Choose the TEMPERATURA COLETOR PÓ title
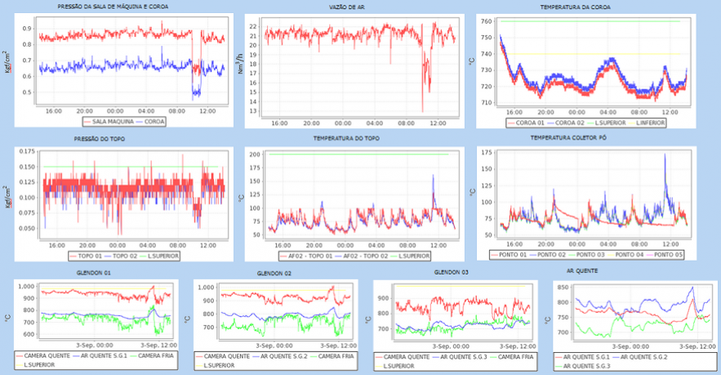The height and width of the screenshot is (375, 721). (x=581, y=140)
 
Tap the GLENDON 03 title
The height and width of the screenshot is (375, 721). (x=452, y=270)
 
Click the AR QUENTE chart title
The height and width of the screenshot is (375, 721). (x=581, y=270)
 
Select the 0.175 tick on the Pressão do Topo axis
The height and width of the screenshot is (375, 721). (x=26, y=152)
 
